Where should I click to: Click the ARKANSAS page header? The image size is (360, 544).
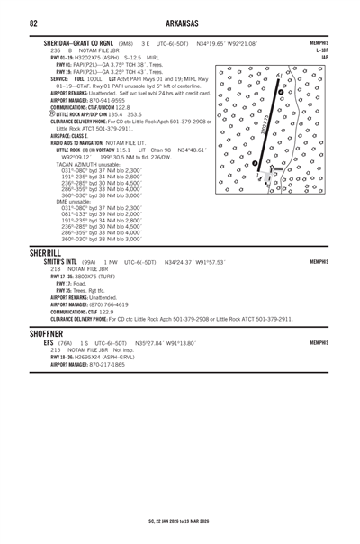pos(180,21)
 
